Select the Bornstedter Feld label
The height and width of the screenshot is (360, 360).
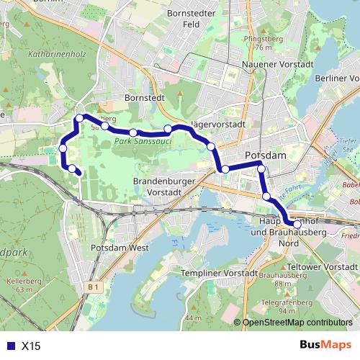point(192,18)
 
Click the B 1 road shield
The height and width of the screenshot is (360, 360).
point(92,287)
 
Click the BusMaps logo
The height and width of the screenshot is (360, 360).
point(325,346)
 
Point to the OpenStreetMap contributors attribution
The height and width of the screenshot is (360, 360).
point(297,323)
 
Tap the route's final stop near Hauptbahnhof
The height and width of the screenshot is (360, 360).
point(297,225)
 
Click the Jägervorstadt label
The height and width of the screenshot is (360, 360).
point(220,124)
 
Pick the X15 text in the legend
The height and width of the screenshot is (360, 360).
point(31,346)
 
